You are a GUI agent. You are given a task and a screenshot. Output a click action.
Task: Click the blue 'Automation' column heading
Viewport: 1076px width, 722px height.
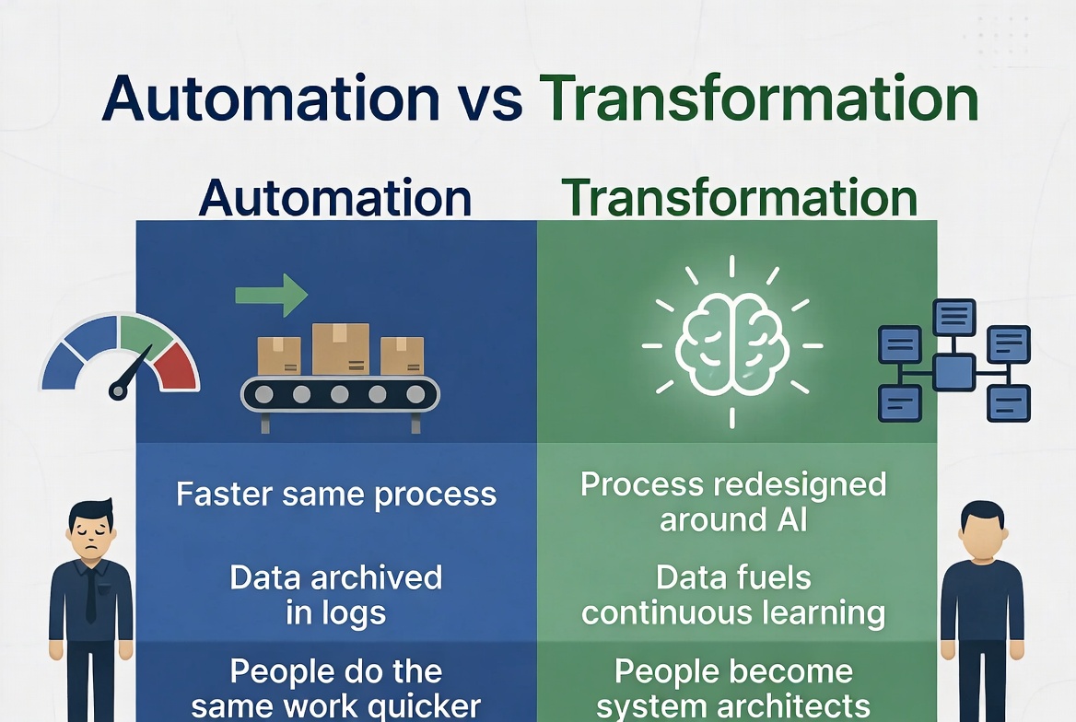tap(335, 198)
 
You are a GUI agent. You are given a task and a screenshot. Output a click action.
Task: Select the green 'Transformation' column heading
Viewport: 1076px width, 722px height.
tap(739, 198)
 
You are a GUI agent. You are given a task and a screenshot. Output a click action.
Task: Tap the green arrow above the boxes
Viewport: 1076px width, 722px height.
tap(271, 295)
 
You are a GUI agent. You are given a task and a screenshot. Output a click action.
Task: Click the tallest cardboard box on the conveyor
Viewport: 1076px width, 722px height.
tap(340, 349)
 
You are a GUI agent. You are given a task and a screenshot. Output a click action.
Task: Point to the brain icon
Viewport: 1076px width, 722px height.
tap(732, 344)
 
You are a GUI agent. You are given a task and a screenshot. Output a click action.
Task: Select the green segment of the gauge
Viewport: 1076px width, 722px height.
tap(145, 332)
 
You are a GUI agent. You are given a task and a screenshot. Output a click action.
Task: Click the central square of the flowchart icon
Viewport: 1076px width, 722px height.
tap(953, 373)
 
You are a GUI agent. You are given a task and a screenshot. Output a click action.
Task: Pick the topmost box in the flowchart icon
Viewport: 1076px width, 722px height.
tap(953, 317)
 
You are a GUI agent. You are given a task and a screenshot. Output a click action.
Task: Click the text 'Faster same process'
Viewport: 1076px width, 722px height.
tap(336, 495)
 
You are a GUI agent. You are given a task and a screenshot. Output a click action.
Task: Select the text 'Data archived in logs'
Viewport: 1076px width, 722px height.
tap(336, 595)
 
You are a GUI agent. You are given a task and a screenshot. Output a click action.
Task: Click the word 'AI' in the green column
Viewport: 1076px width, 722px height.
tap(792, 520)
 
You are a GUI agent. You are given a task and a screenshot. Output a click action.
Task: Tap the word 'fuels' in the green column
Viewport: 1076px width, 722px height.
tap(774, 577)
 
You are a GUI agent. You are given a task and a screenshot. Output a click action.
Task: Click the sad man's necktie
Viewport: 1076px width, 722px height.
tap(90, 597)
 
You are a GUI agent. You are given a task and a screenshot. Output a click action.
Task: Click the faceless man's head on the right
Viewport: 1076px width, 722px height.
tap(983, 530)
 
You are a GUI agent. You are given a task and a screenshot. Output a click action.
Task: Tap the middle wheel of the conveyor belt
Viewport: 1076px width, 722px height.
tap(340, 394)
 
